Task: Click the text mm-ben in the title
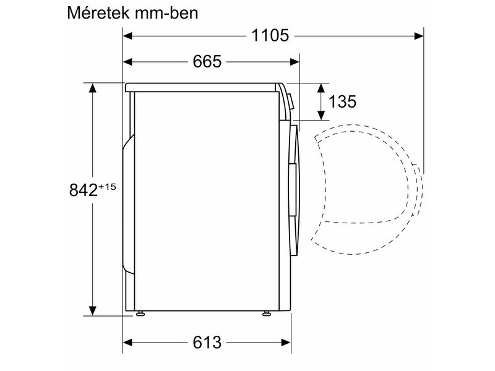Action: point(170,13)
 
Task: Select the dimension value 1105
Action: point(270,35)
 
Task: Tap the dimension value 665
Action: point(207,61)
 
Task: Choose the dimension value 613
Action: point(207,342)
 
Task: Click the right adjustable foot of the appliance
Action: point(267,314)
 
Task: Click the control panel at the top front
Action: point(285,99)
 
